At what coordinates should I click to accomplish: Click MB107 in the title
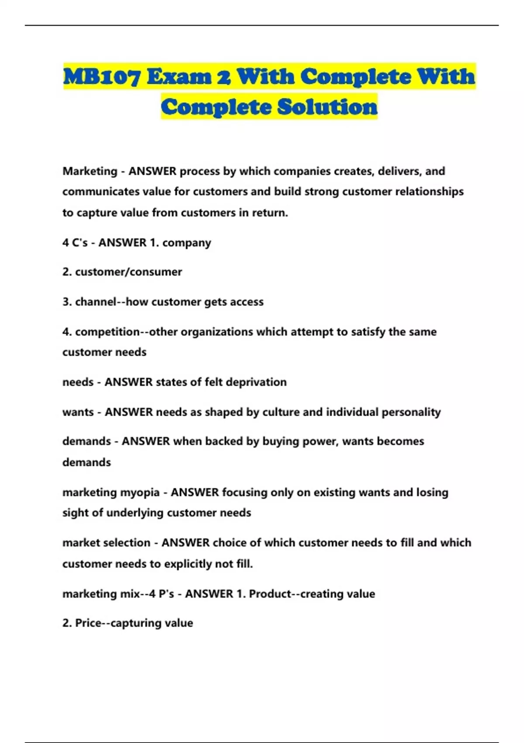tap(102, 77)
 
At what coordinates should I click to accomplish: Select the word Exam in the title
tap(179, 77)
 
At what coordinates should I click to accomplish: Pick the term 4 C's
tap(75, 243)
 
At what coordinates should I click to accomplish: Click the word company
tap(186, 243)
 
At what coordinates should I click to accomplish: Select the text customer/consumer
tap(128, 272)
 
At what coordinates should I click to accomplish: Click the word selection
tap(128, 543)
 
